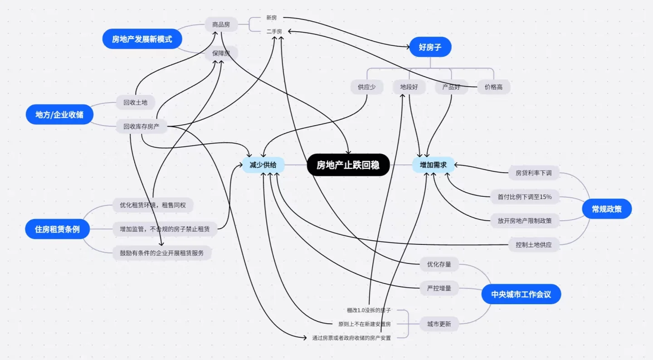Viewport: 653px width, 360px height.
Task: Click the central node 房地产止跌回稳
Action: pos(348,165)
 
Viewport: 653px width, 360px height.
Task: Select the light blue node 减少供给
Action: pos(263,165)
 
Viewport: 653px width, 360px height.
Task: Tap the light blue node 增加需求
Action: pos(433,165)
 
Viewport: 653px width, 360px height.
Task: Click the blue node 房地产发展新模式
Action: pos(142,39)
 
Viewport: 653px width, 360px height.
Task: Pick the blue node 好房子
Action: pos(430,47)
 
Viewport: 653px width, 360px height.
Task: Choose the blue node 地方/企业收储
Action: pos(59,114)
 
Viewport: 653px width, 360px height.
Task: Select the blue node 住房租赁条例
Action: pos(57,229)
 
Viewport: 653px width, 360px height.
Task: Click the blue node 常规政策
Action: pos(606,209)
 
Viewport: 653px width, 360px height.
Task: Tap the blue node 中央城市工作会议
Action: pos(521,294)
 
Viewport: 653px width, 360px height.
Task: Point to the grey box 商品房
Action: pos(221,24)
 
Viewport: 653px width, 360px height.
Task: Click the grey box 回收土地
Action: pos(135,102)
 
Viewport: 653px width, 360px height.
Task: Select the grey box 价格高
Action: pos(493,87)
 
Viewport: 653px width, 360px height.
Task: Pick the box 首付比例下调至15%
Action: pos(525,197)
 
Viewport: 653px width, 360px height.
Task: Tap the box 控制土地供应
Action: pos(533,245)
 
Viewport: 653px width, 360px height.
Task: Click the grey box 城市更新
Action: pos(439,324)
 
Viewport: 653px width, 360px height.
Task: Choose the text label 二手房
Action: pos(274,31)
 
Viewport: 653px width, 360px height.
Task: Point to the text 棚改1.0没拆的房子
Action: pos(369,310)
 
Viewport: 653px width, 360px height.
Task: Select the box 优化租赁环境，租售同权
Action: pos(153,205)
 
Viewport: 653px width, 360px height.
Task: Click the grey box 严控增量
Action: pos(439,288)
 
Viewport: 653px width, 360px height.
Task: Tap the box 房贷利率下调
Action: pos(533,173)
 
